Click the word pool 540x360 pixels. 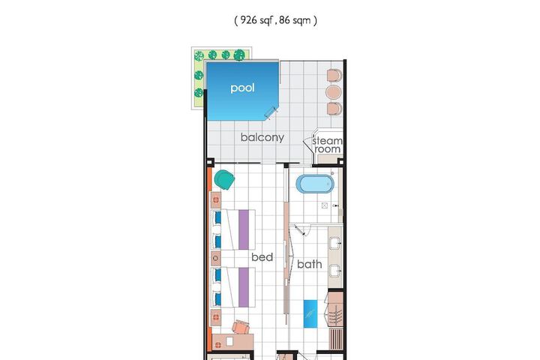pos(242,88)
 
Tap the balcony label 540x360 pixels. pos(262,137)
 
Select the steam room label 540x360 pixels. pos(328,145)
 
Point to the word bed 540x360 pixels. pos(262,257)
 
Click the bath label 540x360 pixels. pos(310,264)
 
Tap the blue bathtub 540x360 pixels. pos(315,184)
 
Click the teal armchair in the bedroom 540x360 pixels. pos(224,179)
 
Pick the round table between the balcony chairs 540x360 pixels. pos(333,92)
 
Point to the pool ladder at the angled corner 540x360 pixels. pos(271,112)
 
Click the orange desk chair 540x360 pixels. pos(241,327)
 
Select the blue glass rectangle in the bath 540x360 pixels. pos(310,313)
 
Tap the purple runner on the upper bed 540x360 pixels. pos(244,229)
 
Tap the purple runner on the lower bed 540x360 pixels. pos(244,287)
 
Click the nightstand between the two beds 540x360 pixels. pos(215,258)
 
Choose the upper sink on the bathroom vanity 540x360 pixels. pos(335,243)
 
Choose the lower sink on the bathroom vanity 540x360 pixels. pos(335,271)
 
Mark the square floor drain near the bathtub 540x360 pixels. pos(325,205)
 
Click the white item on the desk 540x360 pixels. pos(229,341)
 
